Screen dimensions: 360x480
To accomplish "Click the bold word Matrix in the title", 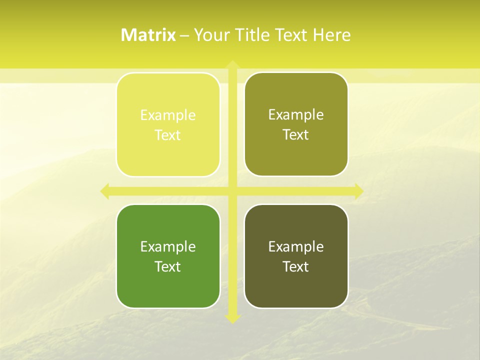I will (x=148, y=35).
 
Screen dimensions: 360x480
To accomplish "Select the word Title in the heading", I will (x=255, y=35).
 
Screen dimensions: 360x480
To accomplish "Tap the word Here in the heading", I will (x=332, y=35).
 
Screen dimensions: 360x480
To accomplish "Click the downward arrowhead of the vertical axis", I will (x=232, y=318).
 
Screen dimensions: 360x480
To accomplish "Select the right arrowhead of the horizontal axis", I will (x=358, y=191).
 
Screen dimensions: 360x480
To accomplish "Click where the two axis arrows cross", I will (x=232, y=191).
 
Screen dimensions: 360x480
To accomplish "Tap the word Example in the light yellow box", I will (x=168, y=115).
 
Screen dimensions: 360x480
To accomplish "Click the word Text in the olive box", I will (x=296, y=135).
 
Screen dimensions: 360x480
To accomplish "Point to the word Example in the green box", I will (x=168, y=246).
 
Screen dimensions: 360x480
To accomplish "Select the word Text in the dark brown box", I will (x=296, y=266).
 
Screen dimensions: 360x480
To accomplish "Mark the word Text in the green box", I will (x=168, y=266).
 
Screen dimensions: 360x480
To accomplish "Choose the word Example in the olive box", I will (x=296, y=115).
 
